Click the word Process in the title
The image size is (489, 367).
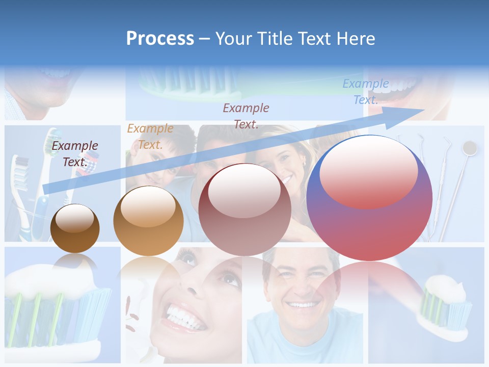point(160,39)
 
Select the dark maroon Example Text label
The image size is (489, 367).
point(75,154)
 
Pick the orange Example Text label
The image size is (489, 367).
point(150,137)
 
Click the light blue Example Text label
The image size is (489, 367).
point(365,92)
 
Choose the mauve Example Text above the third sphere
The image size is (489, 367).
point(246,116)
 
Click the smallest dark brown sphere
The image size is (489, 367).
point(75,228)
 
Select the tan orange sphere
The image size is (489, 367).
point(148,221)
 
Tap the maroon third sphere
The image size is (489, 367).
point(245,209)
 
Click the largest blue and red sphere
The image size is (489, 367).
point(369,198)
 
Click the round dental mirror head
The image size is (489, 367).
point(469,148)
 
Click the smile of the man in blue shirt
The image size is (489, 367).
point(303,305)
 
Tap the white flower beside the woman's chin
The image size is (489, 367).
point(133,326)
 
